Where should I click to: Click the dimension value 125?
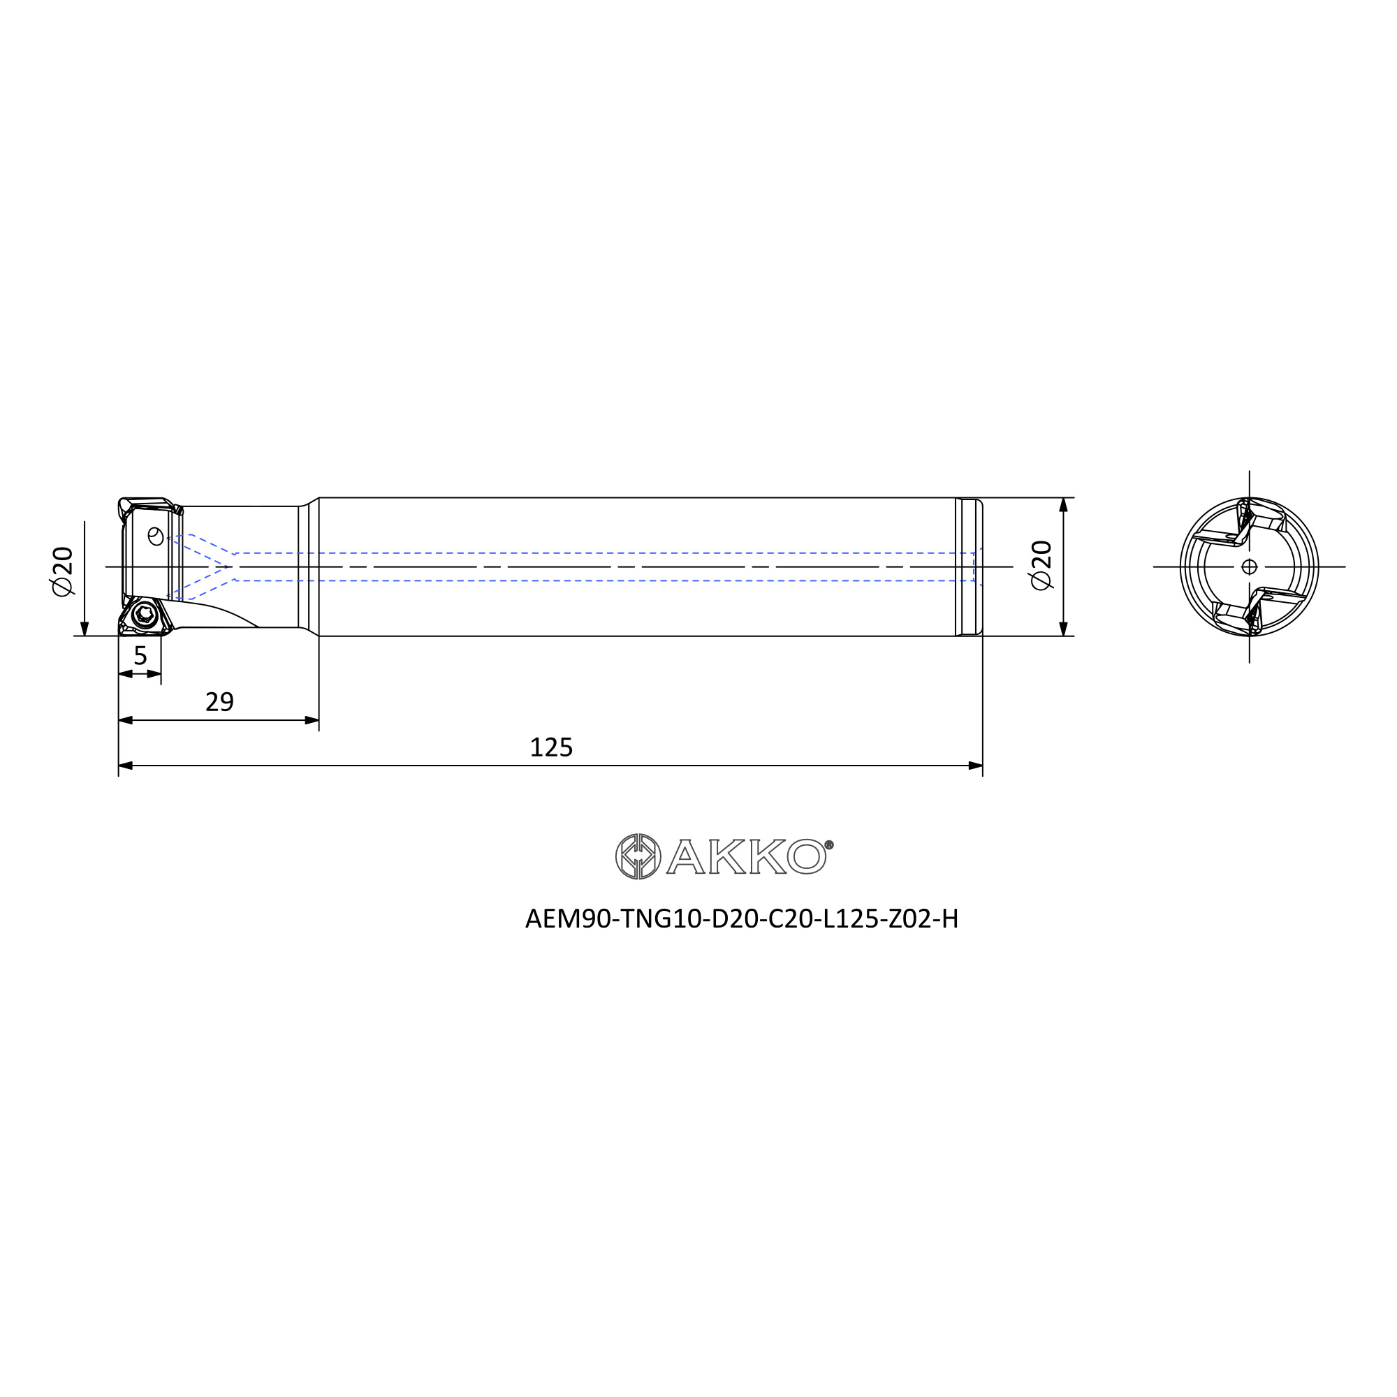551,747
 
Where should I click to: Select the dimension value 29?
220,701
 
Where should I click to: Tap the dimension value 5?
140,655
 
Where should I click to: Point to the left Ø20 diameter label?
63,571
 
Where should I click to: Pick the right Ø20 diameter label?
1041,566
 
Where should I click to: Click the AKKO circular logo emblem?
638,857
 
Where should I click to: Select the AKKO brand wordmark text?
745,857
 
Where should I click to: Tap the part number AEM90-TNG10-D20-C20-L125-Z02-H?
742,919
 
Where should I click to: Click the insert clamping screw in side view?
145,615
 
